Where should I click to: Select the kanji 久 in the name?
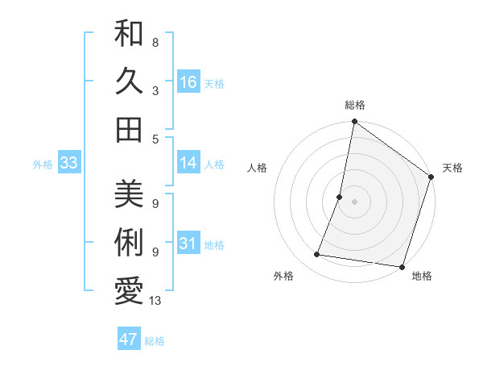(129, 82)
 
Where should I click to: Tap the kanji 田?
(129, 129)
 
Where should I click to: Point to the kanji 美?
(129, 196)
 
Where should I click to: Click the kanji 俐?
(129, 243)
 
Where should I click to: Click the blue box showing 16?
(188, 82)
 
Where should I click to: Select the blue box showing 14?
(188, 163)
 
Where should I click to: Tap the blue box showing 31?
(188, 244)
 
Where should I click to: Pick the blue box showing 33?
(69, 164)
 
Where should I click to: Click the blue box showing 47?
(129, 339)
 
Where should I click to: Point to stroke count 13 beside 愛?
(156, 301)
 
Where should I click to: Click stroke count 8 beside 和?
(155, 42)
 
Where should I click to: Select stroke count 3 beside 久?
(155, 90)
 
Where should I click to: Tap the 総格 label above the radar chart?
(354, 105)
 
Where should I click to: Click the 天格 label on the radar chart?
(452, 168)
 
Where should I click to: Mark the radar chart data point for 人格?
(340, 197)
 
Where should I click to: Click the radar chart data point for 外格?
(317, 255)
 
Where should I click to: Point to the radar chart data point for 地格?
(401, 266)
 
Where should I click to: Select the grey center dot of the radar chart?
(354, 202)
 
